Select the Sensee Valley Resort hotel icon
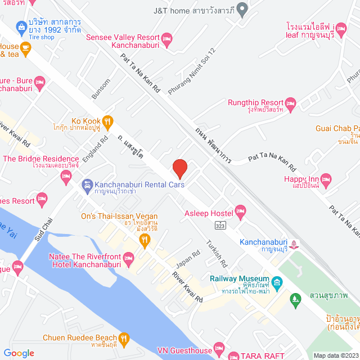[166, 38]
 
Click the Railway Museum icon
[276, 280]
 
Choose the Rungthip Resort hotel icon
[290, 103]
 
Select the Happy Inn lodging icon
[328, 179]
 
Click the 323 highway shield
[220, 225]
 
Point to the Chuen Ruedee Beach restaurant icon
[124, 339]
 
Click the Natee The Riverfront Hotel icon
[129, 259]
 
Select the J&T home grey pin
[242, 10]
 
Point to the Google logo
[19, 353]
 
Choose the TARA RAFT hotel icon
[235, 354]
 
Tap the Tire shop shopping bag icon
[21, 26]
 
